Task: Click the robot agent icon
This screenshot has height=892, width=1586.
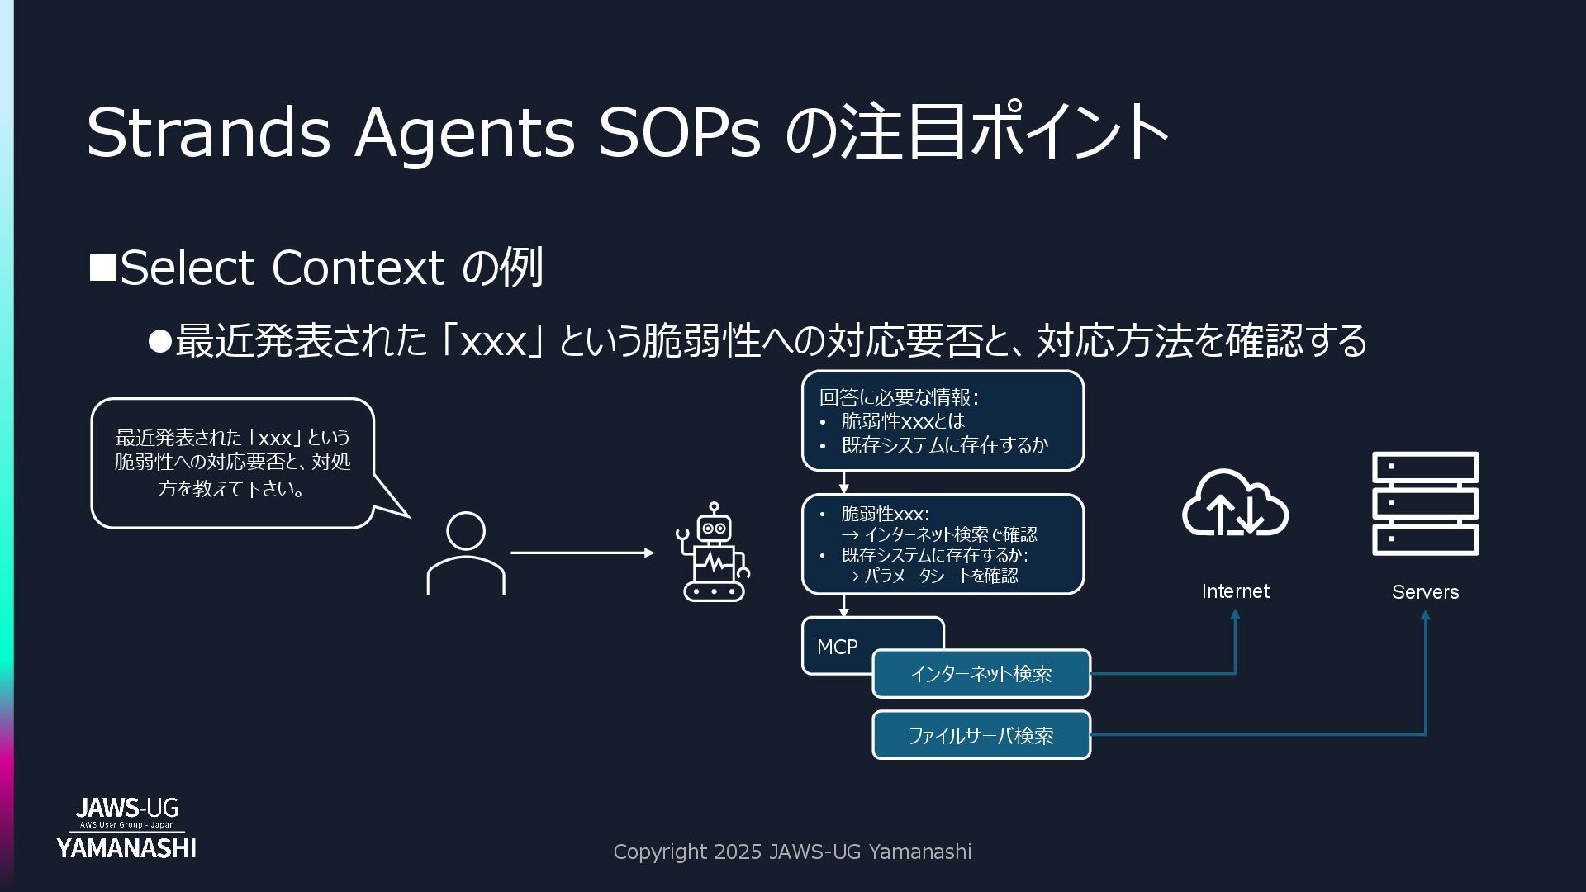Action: [713, 553]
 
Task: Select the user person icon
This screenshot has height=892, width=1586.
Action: [466, 553]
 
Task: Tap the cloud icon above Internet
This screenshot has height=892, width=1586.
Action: [1235, 503]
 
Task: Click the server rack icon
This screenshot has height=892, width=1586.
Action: [1425, 503]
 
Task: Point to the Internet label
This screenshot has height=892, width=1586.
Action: [1235, 591]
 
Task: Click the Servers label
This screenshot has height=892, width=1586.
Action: [1425, 592]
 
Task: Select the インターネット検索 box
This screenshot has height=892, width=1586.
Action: [981, 674]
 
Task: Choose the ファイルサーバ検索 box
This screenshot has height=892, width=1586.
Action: [981, 735]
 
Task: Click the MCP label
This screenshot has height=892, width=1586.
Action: [837, 647]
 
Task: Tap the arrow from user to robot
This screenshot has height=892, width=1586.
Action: [582, 553]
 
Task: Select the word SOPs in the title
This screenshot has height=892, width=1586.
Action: [679, 132]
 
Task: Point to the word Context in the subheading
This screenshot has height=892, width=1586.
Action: [358, 268]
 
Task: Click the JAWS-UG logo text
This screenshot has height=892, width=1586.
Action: [126, 808]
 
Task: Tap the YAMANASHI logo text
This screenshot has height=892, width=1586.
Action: [126, 848]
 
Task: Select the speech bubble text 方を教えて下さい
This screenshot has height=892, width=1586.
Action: [231, 489]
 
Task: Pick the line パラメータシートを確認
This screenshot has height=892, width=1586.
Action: [940, 576]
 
